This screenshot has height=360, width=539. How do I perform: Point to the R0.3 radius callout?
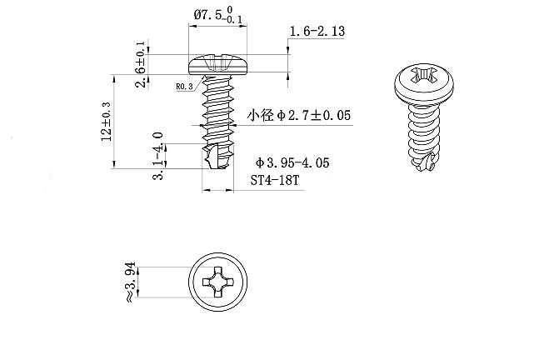[x=184, y=85]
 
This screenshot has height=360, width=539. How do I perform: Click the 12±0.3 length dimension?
[x=107, y=122]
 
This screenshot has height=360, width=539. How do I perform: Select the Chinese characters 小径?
[x=262, y=115]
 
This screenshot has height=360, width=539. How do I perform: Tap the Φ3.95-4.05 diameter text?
[x=292, y=162]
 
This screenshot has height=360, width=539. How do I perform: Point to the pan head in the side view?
[x=218, y=63]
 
